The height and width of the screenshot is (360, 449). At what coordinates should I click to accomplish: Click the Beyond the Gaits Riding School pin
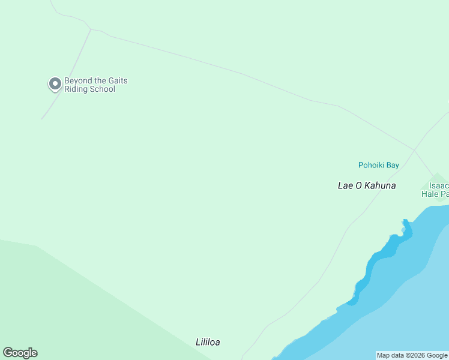point(55,84)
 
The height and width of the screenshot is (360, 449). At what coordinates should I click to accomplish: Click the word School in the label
point(102,89)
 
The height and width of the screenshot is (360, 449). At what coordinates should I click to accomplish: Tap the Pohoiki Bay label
point(378,165)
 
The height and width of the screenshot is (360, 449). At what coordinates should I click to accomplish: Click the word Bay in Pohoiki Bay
point(393,165)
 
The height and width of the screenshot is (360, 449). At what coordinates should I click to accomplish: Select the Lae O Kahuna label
point(367,185)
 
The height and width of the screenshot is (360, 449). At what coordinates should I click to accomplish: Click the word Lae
point(345,185)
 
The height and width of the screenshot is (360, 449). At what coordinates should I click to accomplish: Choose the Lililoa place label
point(208,343)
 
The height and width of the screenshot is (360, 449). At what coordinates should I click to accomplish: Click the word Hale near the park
point(430,194)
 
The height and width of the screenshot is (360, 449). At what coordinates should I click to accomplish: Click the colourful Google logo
point(20,353)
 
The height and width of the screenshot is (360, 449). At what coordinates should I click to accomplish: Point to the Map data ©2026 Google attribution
point(412,355)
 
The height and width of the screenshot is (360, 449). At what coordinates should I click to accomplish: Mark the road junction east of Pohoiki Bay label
point(414,149)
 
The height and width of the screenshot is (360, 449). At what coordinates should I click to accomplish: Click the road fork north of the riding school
point(91,29)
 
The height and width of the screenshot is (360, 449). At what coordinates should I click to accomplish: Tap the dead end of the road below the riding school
point(41,119)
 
